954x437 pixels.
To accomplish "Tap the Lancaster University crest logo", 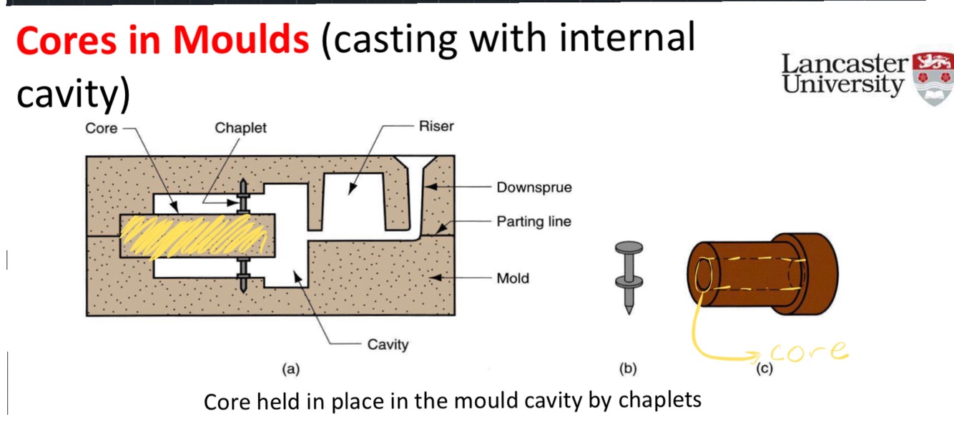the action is click(933, 79).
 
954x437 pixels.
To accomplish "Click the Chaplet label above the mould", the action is click(240, 128).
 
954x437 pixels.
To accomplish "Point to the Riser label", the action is click(436, 126).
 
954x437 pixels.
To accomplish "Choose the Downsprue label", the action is click(534, 188).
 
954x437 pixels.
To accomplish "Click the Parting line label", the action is click(533, 222).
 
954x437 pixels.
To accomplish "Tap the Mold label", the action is click(513, 278).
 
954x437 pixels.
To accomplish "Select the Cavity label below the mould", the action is click(388, 345).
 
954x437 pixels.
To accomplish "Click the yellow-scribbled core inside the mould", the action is click(193, 236).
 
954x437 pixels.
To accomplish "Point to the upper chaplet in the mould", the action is click(243, 196).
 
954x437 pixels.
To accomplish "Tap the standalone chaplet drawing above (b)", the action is click(628, 275).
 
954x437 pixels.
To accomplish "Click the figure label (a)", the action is click(290, 369).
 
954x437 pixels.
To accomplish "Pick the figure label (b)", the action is click(627, 369).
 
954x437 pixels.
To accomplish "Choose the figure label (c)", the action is click(764, 369).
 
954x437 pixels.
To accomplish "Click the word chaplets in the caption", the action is click(659, 400).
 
